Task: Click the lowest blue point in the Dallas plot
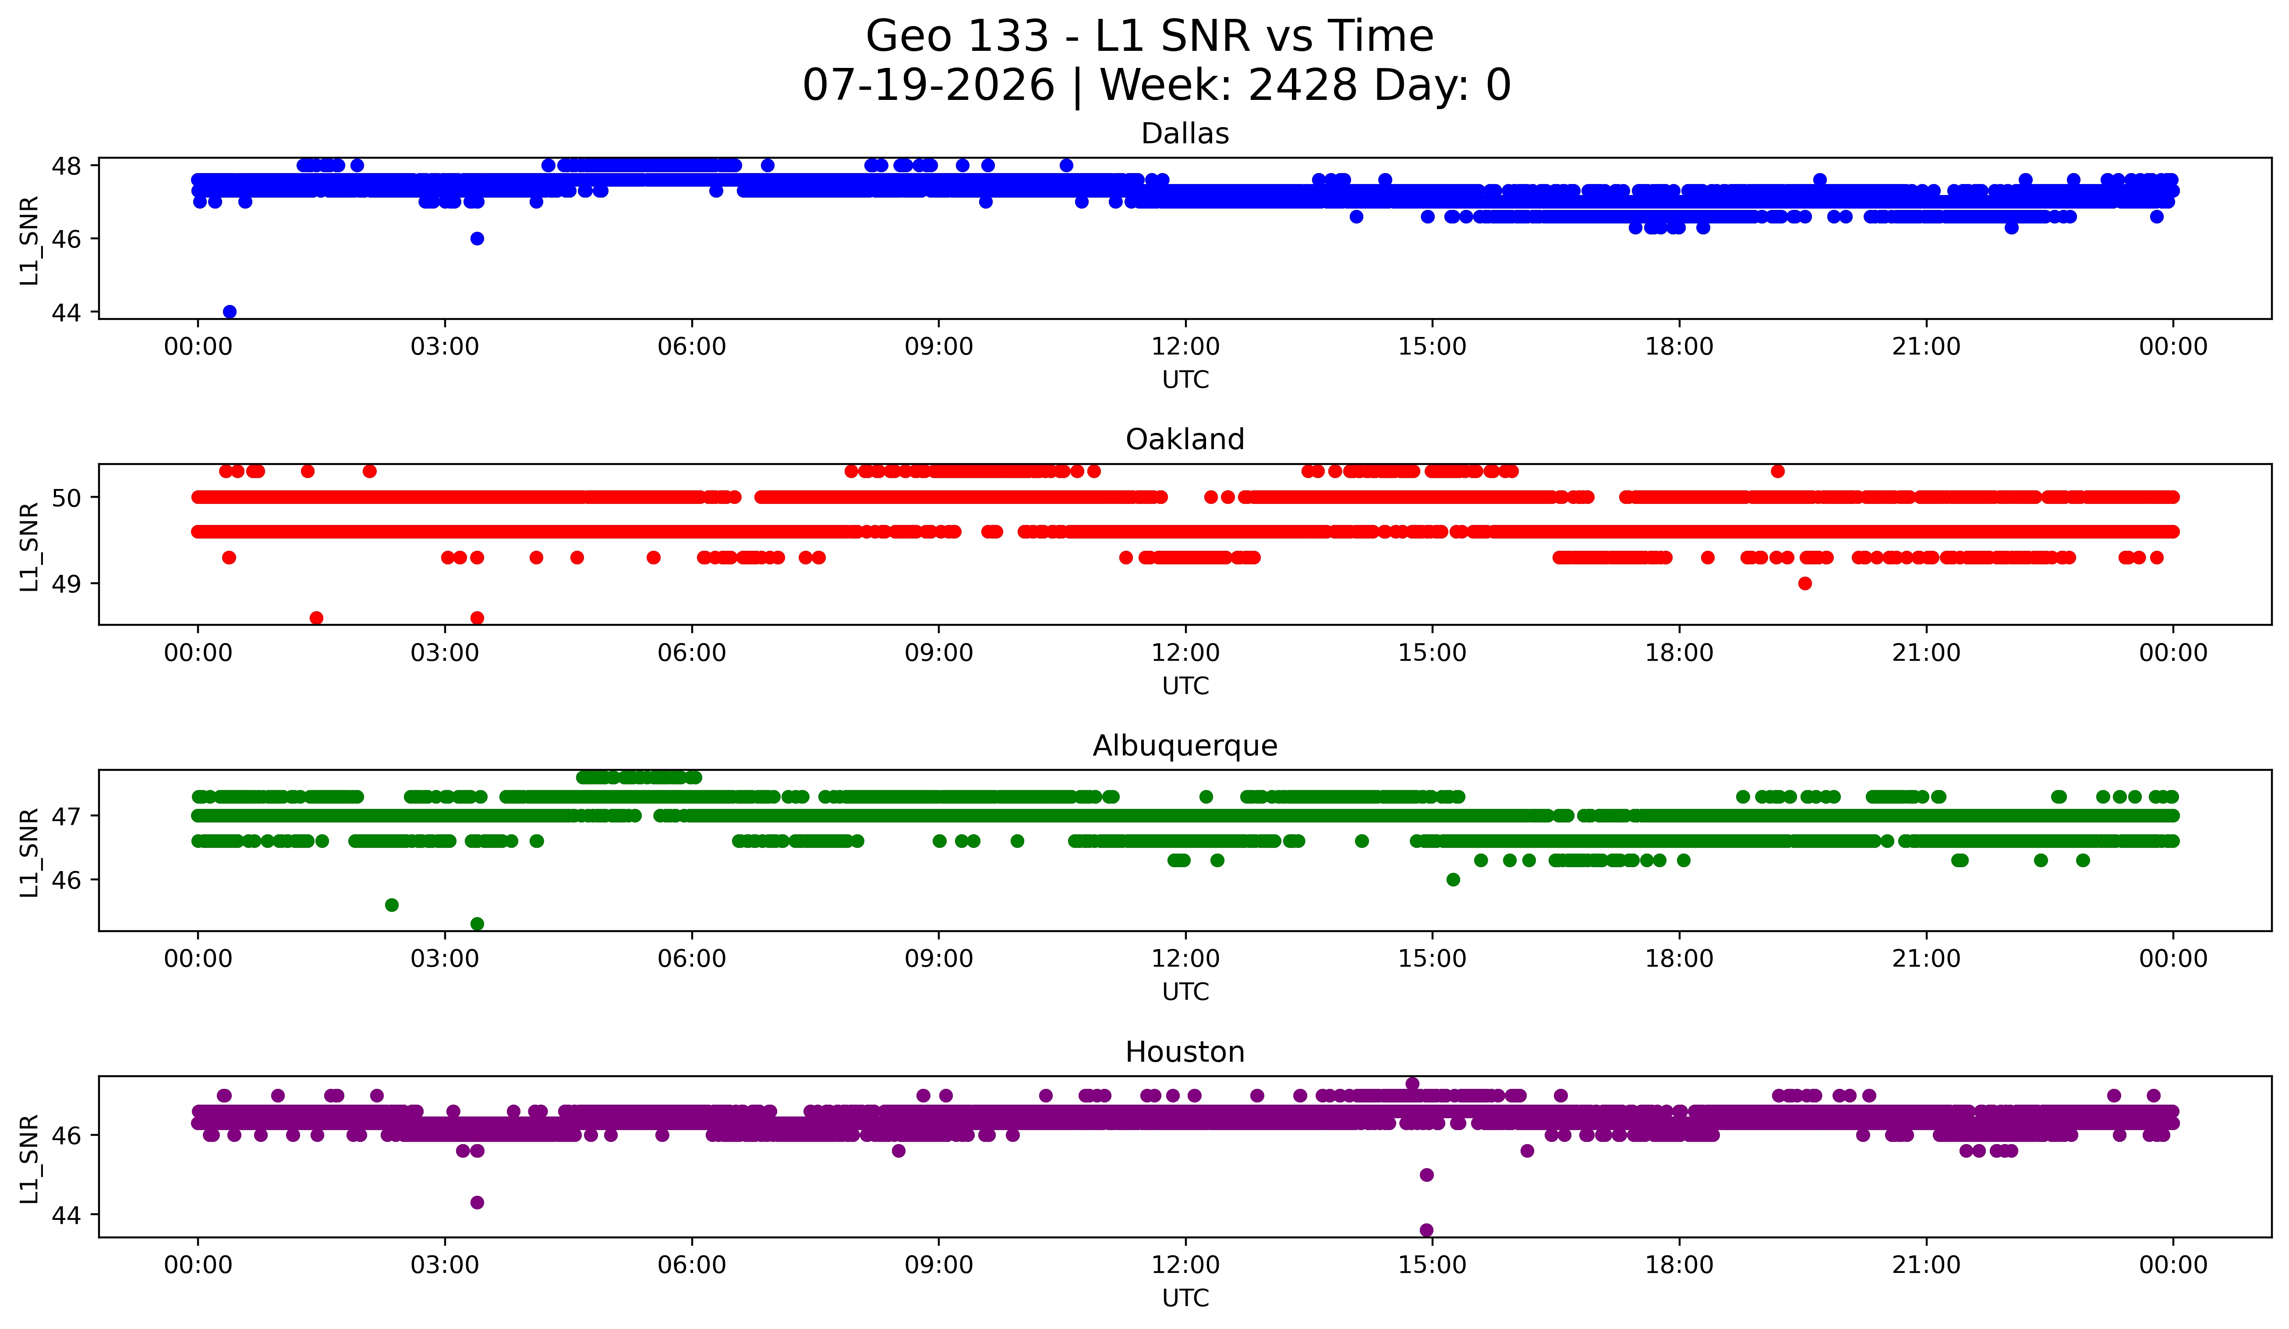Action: [x=230, y=312]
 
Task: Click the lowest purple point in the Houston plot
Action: [x=1426, y=1230]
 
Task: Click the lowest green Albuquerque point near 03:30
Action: [x=477, y=924]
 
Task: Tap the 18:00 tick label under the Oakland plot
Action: [x=1679, y=652]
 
